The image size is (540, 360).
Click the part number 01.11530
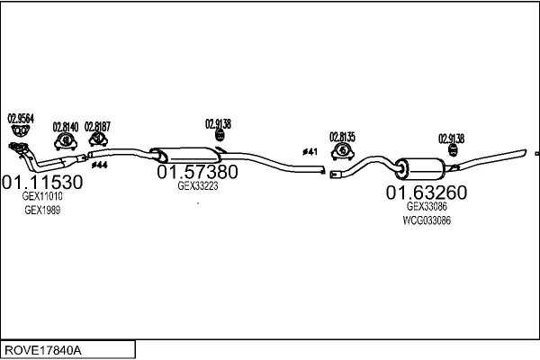click(x=42, y=182)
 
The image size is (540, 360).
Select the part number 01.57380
click(x=197, y=172)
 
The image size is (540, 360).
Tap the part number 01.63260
click(x=427, y=193)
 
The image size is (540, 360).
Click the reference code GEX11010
click(x=42, y=196)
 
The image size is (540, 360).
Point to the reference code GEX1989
click(x=42, y=210)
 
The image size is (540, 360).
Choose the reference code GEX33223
click(x=198, y=185)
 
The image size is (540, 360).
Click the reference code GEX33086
click(x=427, y=206)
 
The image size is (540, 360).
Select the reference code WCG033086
click(x=427, y=220)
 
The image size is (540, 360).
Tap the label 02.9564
click(x=21, y=119)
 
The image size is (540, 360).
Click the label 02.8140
click(x=66, y=127)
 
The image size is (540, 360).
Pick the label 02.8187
click(x=97, y=126)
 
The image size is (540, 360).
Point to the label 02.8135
click(x=342, y=137)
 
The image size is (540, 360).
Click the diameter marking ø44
click(x=100, y=166)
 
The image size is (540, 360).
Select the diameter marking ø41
click(x=310, y=151)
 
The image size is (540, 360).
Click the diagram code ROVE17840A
click(x=43, y=350)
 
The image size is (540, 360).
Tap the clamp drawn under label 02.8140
click(x=66, y=141)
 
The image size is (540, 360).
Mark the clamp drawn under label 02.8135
click(x=343, y=151)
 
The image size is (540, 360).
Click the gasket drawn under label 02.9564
click(x=20, y=130)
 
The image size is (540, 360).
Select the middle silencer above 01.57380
click(x=185, y=156)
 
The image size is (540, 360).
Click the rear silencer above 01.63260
click(x=419, y=169)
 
